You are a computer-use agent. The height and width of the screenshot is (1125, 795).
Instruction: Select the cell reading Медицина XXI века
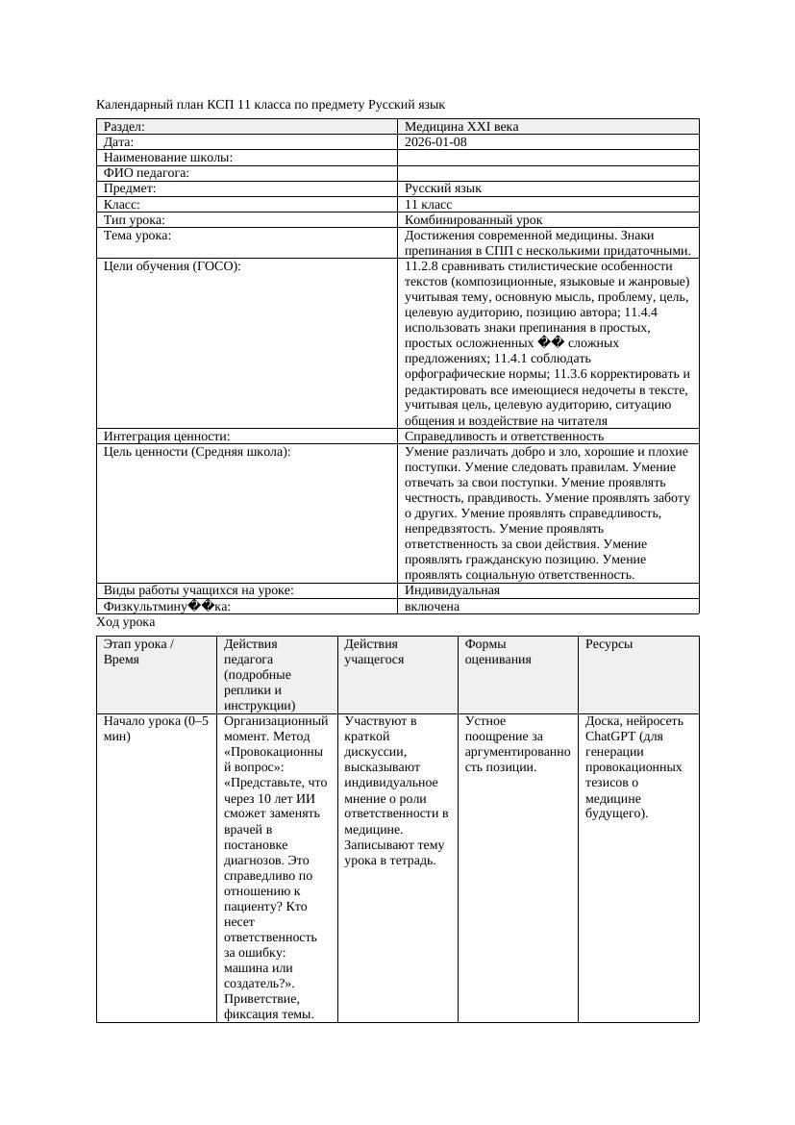tap(461, 126)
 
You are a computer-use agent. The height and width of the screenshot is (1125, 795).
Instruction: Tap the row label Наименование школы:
tap(168, 158)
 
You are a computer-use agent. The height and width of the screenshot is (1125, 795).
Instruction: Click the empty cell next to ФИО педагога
tap(548, 173)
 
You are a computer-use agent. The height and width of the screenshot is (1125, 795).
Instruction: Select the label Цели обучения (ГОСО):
tap(172, 266)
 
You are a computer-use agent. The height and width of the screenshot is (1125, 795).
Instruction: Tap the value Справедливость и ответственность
tap(504, 436)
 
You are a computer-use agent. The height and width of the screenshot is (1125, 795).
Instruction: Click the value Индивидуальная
tap(452, 590)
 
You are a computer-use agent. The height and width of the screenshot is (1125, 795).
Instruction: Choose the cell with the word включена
tap(432, 607)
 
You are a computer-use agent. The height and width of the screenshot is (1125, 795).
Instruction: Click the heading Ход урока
tap(126, 622)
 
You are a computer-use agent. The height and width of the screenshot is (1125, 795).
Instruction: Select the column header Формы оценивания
tap(498, 652)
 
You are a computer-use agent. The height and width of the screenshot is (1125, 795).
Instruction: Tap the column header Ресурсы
tap(609, 644)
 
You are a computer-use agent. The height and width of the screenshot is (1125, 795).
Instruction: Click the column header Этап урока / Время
tap(138, 652)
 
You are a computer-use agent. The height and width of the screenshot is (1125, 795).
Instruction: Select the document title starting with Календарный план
tap(270, 104)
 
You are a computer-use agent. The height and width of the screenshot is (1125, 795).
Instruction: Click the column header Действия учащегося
tap(375, 652)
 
